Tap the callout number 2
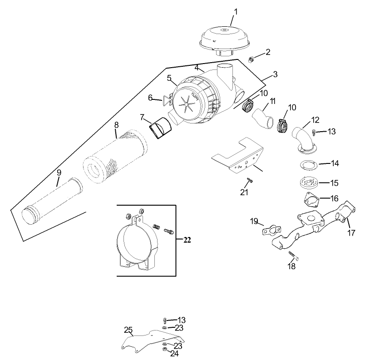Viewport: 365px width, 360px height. pos(268,52)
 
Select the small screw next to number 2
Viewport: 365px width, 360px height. pos(251,59)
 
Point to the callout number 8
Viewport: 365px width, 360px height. pos(116,124)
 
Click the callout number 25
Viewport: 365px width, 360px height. pos(128,330)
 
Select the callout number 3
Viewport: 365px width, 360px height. pos(275,74)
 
